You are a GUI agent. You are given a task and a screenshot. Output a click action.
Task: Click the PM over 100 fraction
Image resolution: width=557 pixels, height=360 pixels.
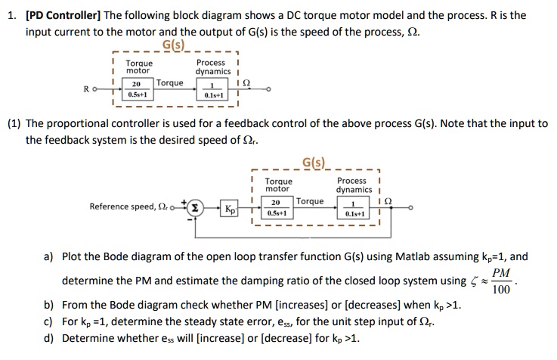[500, 281]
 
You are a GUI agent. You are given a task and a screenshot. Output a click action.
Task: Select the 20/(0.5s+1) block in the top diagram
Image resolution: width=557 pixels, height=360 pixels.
[138, 89]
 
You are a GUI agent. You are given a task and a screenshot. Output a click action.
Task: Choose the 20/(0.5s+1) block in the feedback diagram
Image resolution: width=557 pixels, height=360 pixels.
[276, 207]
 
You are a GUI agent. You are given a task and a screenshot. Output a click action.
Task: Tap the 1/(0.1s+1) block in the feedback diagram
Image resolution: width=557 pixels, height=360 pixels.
[352, 207]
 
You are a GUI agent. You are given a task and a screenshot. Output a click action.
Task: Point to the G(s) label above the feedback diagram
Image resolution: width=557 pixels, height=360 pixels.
[314, 163]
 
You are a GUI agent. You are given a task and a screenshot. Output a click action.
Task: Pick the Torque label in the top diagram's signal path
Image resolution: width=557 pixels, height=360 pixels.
[169, 82]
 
